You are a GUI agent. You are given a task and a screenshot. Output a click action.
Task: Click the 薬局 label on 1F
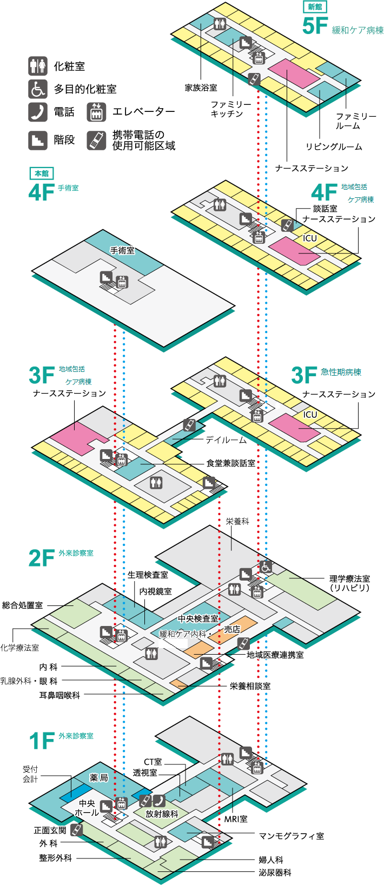tap(99, 777)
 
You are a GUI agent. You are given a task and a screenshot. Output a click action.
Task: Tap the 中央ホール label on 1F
tap(87, 808)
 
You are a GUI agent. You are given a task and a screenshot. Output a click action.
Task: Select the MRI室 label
tap(236, 819)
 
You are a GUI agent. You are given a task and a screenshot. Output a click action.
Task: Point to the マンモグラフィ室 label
tap(292, 836)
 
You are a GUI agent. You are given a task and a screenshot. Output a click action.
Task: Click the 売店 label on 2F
tap(232, 629)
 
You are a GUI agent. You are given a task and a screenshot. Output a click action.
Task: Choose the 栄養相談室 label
tap(250, 686)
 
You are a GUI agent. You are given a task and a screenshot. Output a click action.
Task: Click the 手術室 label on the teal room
tap(122, 250)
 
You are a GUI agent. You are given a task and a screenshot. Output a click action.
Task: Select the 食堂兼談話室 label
tap(231, 463)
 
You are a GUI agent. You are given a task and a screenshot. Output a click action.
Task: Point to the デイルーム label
tap(226, 440)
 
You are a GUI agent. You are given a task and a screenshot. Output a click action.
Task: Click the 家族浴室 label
tap(201, 88)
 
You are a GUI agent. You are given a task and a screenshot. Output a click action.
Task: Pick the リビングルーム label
tap(334, 146)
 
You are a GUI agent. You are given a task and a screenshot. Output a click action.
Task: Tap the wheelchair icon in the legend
tap(38, 89)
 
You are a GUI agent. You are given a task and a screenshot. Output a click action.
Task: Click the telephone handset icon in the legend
tap(38, 112)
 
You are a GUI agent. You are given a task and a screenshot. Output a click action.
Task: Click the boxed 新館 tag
tap(314, 7)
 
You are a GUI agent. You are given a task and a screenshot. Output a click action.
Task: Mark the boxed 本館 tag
tap(42, 173)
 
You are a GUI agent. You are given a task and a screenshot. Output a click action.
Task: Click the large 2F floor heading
tap(42, 558)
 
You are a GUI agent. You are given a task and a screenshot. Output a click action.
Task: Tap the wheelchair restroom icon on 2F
tap(266, 568)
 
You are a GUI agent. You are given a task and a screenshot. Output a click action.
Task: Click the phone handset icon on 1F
tap(159, 800)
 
